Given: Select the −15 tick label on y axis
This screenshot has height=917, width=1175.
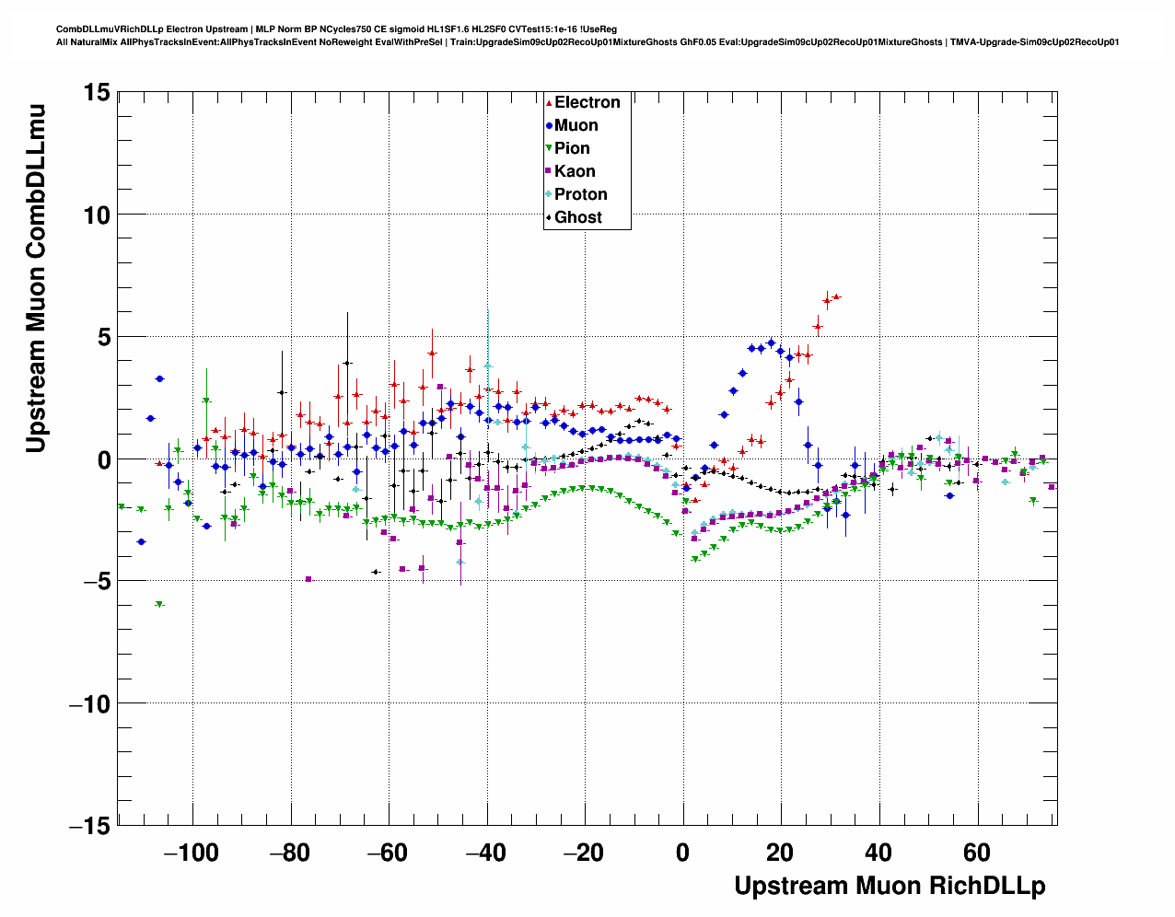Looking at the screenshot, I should [x=89, y=826].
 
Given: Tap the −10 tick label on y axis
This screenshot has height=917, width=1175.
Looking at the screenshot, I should [x=89, y=703].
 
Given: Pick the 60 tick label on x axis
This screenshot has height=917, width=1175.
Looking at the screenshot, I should [x=977, y=853].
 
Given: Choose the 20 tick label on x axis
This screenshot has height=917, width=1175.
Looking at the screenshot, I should [x=781, y=853].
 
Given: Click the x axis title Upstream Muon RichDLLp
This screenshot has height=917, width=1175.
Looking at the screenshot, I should [x=890, y=886].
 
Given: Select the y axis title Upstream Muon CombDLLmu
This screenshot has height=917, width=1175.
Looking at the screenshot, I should [x=36, y=278].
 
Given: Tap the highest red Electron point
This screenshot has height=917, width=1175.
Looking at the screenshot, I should [x=836, y=296].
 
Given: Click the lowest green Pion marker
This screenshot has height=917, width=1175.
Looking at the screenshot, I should [x=159, y=604].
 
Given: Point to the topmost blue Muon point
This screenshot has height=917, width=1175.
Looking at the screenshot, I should [x=771, y=342].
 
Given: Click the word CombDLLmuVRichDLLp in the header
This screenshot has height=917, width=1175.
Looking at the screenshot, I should [x=111, y=29].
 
